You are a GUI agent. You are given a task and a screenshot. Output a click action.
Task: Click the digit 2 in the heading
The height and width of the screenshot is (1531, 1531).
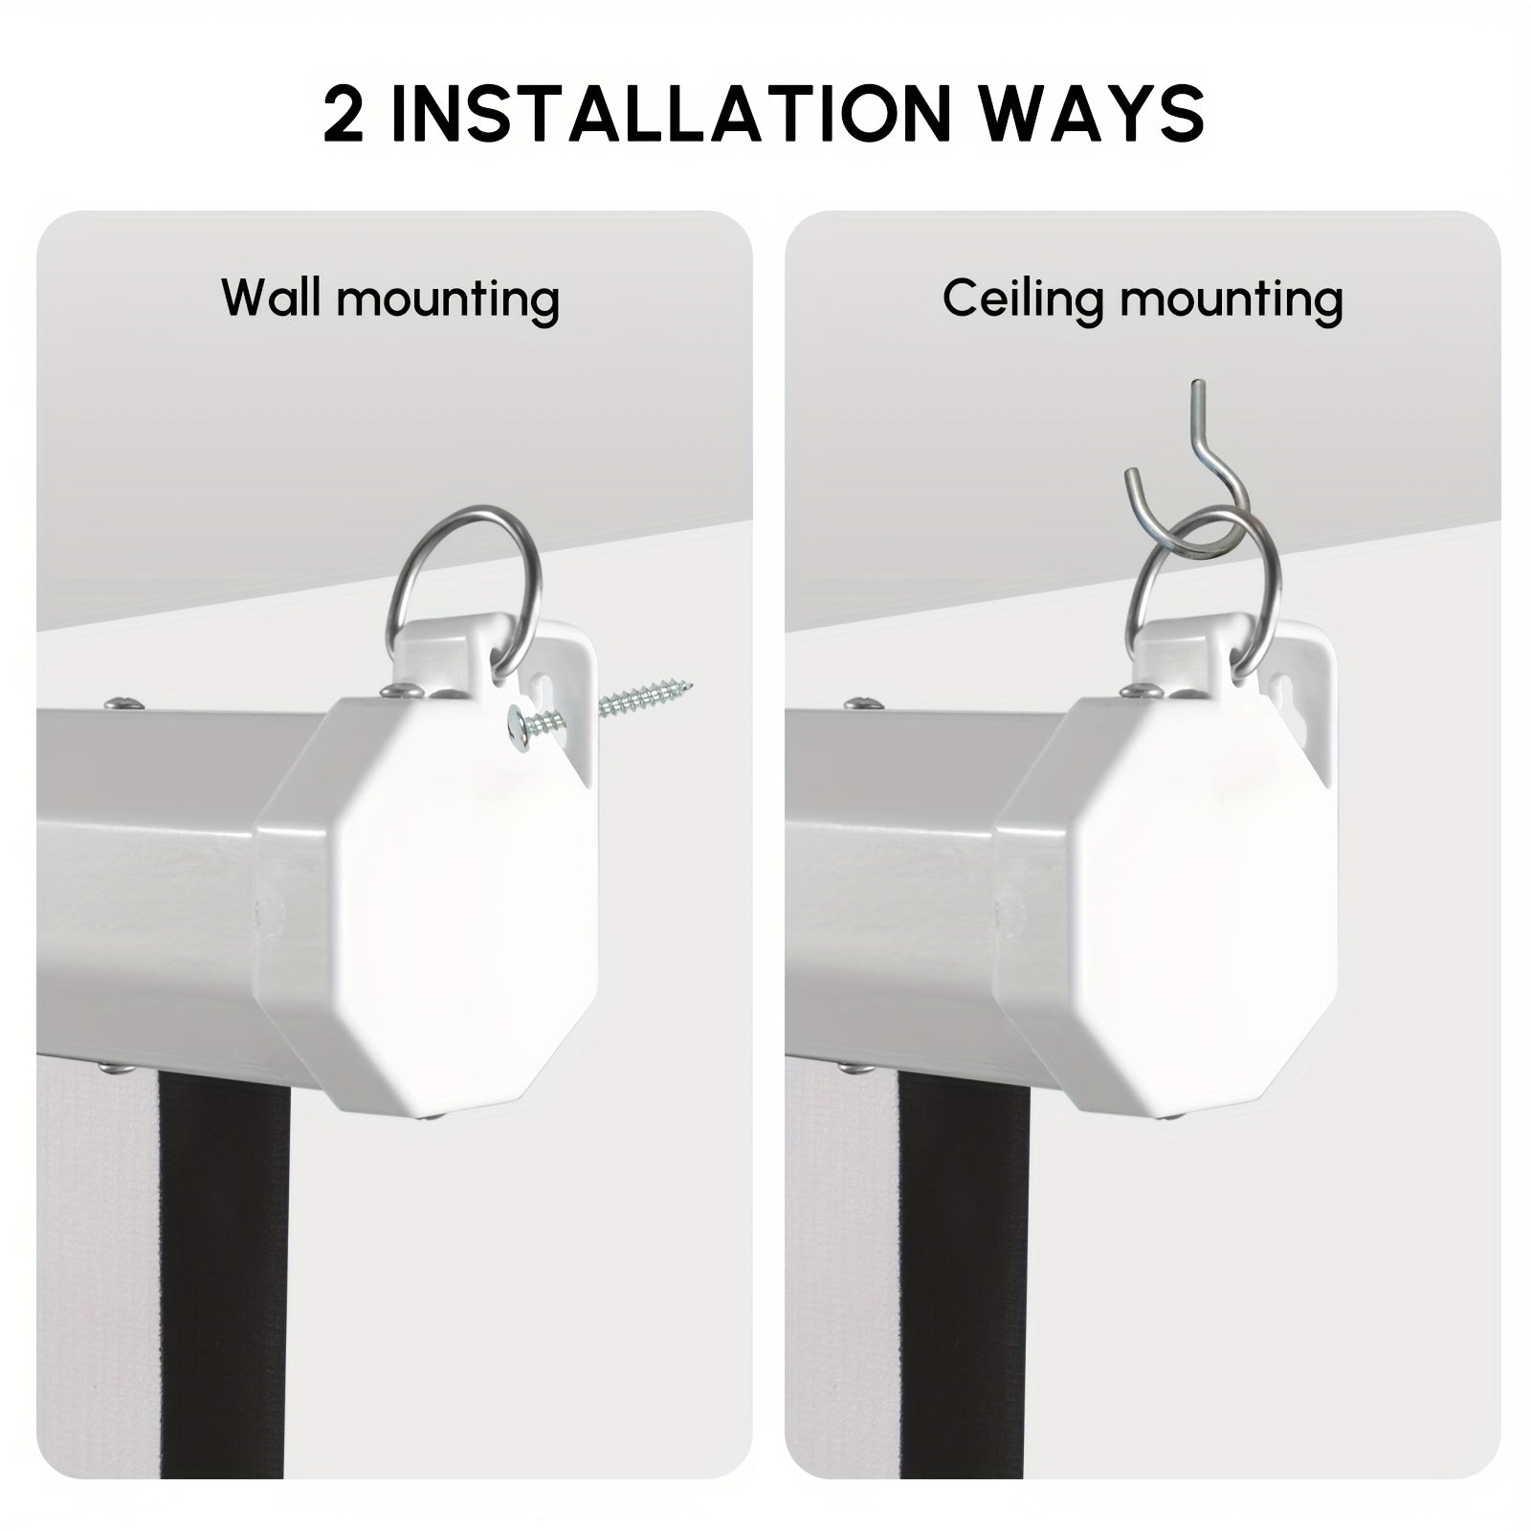click(x=344, y=114)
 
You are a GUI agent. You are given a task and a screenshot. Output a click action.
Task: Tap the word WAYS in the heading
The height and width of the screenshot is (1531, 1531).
click(x=1093, y=114)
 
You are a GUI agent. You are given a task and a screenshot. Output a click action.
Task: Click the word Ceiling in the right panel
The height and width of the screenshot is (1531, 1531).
click(x=1025, y=300)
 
